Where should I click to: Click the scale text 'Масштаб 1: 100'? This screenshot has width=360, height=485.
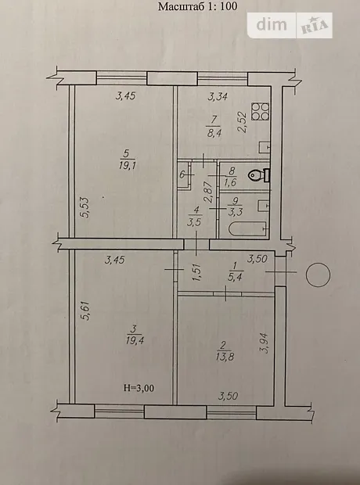[197, 6]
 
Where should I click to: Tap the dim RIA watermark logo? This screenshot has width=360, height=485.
[290, 25]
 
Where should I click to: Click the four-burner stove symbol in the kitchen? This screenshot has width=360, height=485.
[261, 111]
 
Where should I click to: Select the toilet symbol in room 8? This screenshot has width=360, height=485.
[259, 175]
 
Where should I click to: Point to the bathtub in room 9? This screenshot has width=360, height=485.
[248, 229]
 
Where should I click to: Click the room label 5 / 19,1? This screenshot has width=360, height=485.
[128, 160]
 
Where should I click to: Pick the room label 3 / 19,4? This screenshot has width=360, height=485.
[135, 335]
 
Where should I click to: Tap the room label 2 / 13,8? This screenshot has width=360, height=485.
[225, 351]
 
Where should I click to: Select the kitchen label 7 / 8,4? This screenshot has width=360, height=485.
[214, 127]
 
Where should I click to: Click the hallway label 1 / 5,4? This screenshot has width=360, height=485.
[235, 271]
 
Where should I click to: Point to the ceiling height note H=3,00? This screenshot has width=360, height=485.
[139, 388]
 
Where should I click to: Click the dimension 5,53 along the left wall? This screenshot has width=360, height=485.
[85, 208]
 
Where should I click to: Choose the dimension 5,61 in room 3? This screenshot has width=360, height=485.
[85, 311]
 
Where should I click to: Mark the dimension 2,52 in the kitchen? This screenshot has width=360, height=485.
[243, 122]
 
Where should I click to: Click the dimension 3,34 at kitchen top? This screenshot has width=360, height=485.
[218, 96]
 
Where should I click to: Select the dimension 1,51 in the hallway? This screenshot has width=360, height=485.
[197, 272]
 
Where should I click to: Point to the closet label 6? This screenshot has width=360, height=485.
[182, 174]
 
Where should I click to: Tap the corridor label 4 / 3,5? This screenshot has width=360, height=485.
[194, 216]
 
